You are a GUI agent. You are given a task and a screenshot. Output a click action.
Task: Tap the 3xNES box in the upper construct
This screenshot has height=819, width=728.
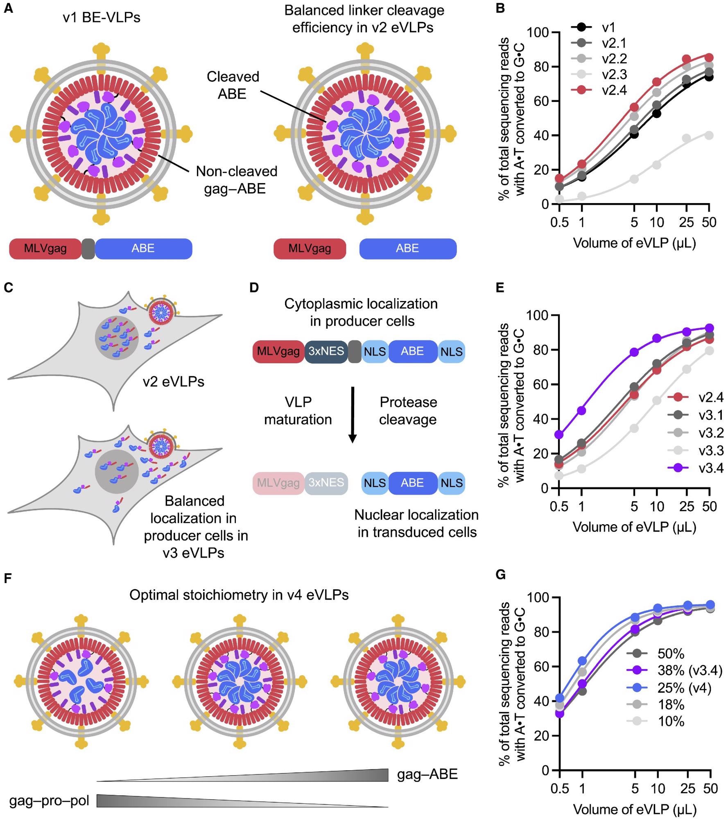326,351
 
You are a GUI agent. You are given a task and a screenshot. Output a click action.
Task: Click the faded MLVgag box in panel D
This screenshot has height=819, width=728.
278,483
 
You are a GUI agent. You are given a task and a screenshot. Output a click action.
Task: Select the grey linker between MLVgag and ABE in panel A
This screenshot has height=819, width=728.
88,249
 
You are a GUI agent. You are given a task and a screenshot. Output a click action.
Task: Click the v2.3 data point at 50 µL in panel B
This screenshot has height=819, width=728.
709,136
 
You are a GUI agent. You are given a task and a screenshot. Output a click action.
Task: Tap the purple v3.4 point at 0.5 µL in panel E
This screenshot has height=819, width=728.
559,434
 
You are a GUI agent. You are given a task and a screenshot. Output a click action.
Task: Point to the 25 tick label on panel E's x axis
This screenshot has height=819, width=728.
687,507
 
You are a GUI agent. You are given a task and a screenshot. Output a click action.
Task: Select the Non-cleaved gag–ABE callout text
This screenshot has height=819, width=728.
236,180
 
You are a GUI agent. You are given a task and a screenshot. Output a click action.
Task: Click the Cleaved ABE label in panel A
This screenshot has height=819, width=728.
233,85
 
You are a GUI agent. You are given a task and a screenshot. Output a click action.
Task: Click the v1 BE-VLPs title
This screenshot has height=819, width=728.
102,18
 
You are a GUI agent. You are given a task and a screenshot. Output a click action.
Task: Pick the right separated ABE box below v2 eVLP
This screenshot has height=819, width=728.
408,249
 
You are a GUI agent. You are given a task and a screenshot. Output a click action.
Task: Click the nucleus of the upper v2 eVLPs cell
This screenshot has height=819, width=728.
117,338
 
